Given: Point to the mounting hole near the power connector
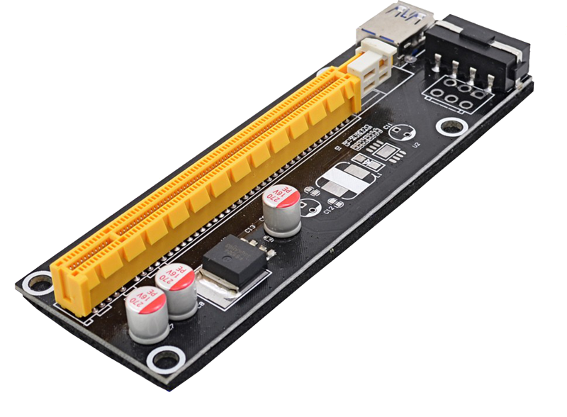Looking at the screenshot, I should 449,127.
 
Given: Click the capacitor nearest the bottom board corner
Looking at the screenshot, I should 145,317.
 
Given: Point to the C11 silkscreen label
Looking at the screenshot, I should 388,127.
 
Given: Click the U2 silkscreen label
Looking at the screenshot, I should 417,144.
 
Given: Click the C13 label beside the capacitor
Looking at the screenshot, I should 250,228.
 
